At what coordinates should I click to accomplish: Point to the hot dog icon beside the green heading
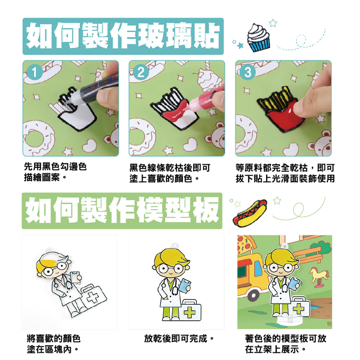click(250, 213)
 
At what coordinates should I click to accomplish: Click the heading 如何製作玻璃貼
click(123, 36)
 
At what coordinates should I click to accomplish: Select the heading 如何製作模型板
click(122, 211)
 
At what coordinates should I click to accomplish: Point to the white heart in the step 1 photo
click(90, 145)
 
